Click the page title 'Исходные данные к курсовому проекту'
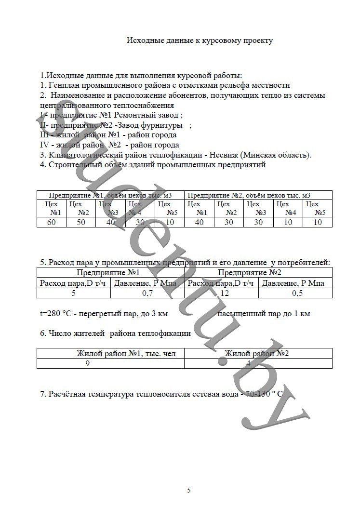[x=200, y=40]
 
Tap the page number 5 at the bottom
[x=189, y=490]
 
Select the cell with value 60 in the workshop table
[x=51, y=222]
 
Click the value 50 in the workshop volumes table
[x=80, y=222]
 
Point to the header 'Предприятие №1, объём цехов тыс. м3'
[x=110, y=195]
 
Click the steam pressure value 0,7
[x=147, y=293]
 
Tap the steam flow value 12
[x=222, y=293]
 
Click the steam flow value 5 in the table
[x=74, y=293]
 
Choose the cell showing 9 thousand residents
[x=87, y=363]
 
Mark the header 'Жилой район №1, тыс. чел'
[x=126, y=353]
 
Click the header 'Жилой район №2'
[x=257, y=353]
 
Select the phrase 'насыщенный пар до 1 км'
[x=264, y=314]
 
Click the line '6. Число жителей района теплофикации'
[x=116, y=333]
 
